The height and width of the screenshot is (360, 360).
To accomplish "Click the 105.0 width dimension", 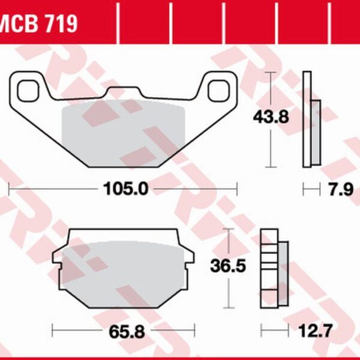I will coord(123,189).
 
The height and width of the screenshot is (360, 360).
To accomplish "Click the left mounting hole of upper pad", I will coord(27,90).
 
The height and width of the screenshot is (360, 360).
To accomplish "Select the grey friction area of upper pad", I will coord(123,129).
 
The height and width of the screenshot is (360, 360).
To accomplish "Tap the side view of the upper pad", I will coord(310,120).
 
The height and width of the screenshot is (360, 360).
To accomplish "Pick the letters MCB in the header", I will coord(20,23).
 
